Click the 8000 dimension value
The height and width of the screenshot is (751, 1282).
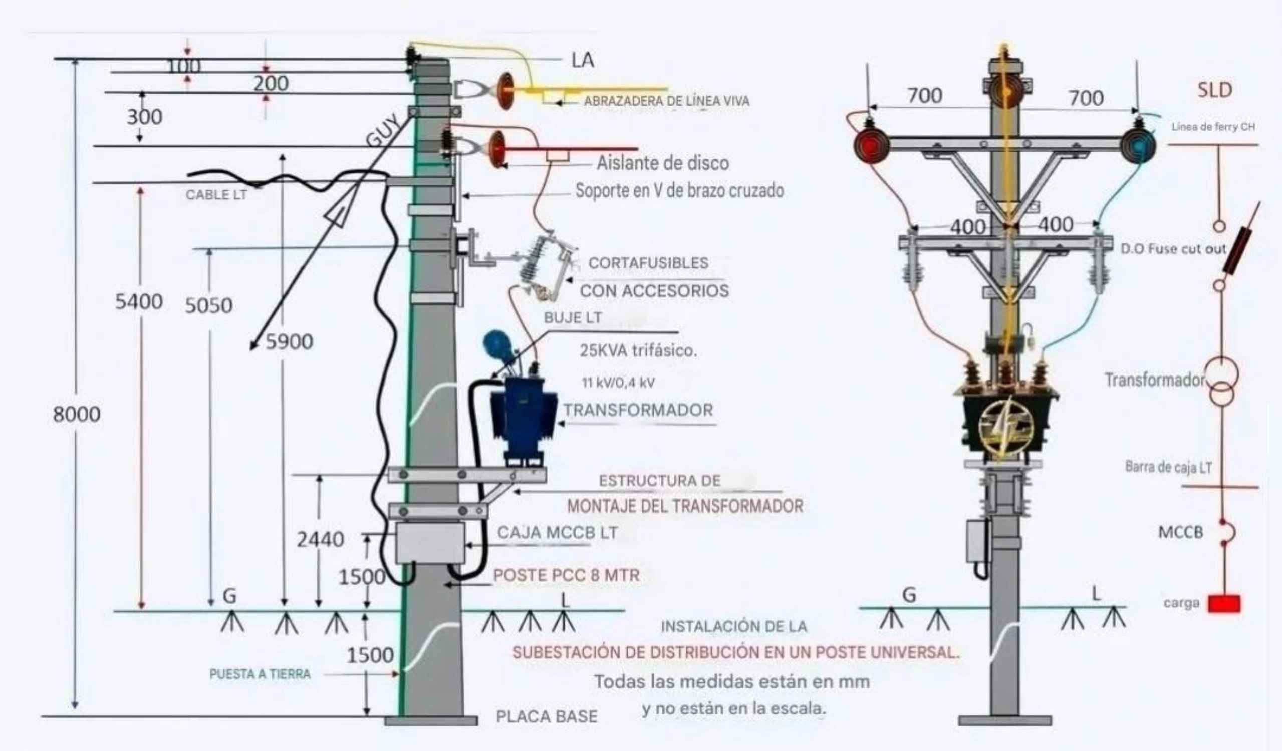pyautogui.click(x=76, y=415)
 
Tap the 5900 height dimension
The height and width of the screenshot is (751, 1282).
pyautogui.click(x=289, y=342)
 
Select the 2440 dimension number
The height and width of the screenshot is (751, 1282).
pyautogui.click(x=320, y=539)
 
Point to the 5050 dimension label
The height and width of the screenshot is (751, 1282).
pyautogui.click(x=208, y=305)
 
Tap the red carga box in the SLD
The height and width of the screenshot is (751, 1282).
pyautogui.click(x=1224, y=603)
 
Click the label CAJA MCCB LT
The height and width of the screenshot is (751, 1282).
pyautogui.click(x=557, y=532)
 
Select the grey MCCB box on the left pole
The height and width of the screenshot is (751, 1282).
pyautogui.click(x=430, y=543)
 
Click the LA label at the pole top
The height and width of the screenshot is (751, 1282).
pyautogui.click(x=583, y=60)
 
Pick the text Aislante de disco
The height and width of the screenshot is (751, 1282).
pyautogui.click(x=662, y=163)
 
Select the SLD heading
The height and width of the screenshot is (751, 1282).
pyautogui.click(x=1214, y=90)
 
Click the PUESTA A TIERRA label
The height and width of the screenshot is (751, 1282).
pyautogui.click(x=260, y=674)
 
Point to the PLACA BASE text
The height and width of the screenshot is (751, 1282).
pyautogui.click(x=547, y=716)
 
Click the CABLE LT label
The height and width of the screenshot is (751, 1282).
pyautogui.click(x=216, y=195)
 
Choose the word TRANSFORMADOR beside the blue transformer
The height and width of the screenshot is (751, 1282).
pyautogui.click(x=638, y=410)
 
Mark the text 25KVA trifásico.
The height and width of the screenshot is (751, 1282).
pyautogui.click(x=638, y=350)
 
